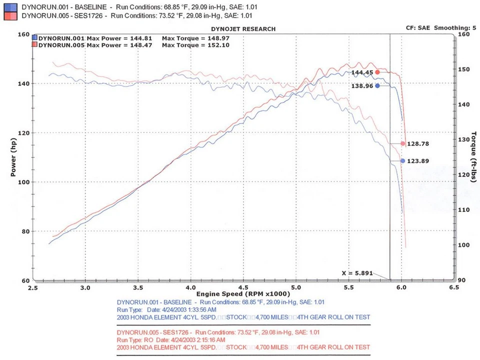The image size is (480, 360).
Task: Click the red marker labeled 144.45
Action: tap(377, 72)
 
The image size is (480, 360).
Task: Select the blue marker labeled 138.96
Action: tap(377, 85)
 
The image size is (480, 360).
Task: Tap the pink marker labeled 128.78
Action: tap(403, 143)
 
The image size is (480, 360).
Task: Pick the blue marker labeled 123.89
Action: tap(403, 160)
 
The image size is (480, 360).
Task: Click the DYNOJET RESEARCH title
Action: tap(243, 29)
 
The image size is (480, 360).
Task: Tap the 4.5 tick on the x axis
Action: tap(243, 288)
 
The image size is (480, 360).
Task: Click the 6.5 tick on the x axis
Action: tap(454, 288)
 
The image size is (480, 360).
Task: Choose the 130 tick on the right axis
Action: tap(464, 139)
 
